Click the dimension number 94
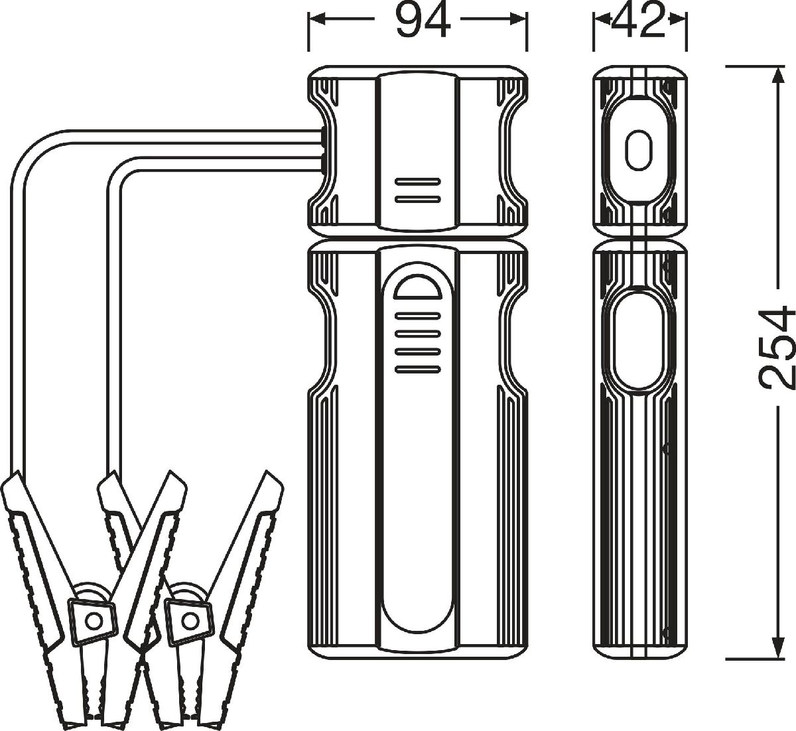pyautogui.click(x=423, y=21)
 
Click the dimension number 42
pyautogui.click(x=639, y=21)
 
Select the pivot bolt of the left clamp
pyautogui.click(x=93, y=619)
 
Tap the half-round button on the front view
pyautogui.click(x=418, y=289)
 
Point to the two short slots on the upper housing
pyautogui.click(x=418, y=190)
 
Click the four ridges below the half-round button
pyautogui.click(x=418, y=342)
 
